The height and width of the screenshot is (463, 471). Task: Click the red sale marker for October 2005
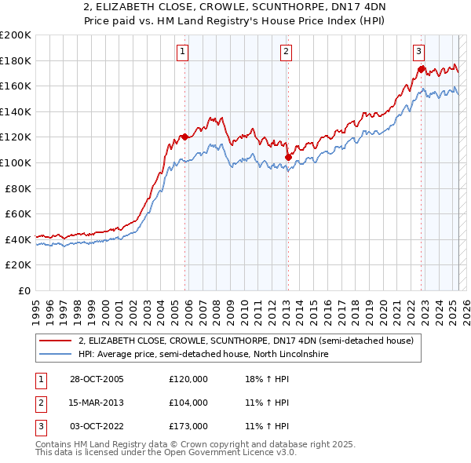pyautogui.click(x=185, y=137)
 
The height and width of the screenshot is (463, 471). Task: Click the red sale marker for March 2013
pyautogui.click(x=288, y=157)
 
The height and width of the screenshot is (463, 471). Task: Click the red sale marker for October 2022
pyautogui.click(x=422, y=69)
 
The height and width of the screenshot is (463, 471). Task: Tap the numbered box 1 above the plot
pyautogui.click(x=182, y=52)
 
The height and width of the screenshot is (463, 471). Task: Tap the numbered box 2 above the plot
pyautogui.click(x=285, y=52)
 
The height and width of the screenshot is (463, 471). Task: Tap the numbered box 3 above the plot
pyautogui.click(x=418, y=52)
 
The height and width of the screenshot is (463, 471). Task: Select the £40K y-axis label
pyautogui.click(x=19, y=239)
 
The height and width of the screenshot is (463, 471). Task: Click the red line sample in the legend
pyautogui.click(x=56, y=341)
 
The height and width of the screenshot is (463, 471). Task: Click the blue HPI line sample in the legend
pyautogui.click(x=56, y=354)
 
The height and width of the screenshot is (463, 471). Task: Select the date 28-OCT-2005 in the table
pyautogui.click(x=97, y=378)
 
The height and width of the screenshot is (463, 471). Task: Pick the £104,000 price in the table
pyautogui.click(x=188, y=403)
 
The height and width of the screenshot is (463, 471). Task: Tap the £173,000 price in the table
pyautogui.click(x=188, y=426)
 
